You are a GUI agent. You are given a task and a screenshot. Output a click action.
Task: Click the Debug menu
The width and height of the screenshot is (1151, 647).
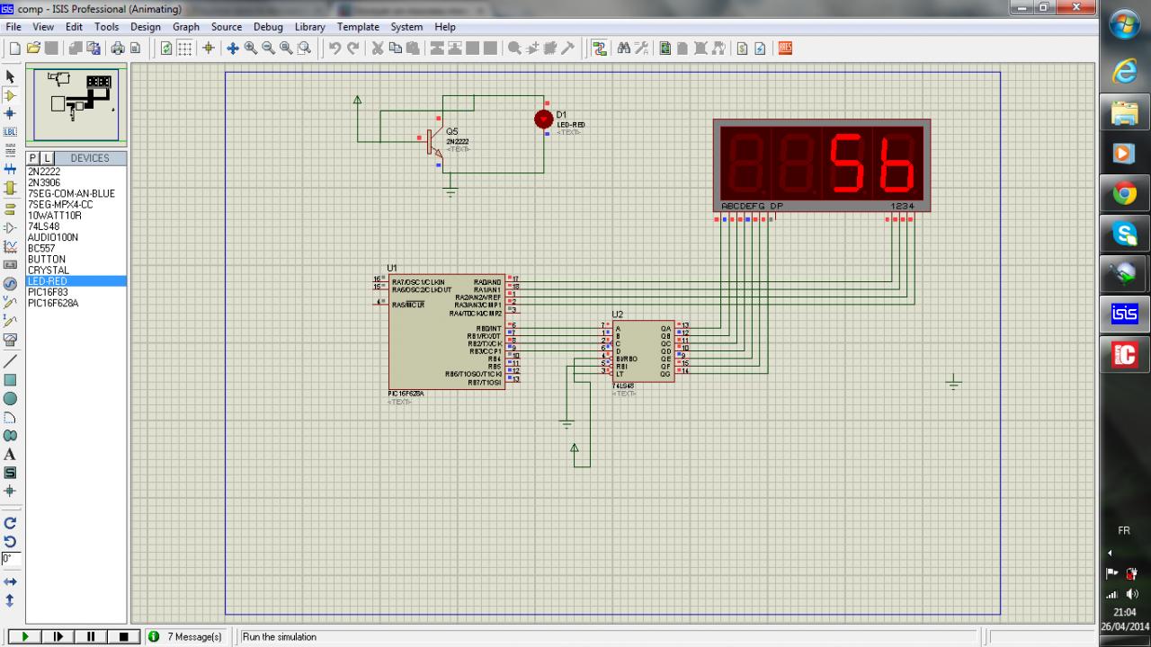[268, 27]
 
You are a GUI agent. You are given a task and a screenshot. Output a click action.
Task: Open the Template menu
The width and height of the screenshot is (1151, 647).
[358, 27]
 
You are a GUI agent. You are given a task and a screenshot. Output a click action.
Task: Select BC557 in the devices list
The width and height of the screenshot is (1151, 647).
[41, 248]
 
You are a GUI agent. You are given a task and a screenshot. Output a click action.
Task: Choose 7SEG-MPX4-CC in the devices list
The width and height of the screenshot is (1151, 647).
[60, 204]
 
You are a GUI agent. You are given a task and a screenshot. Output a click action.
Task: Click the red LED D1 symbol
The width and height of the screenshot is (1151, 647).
[543, 119]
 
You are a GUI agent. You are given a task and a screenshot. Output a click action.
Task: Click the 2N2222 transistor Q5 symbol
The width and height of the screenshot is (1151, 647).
[433, 142]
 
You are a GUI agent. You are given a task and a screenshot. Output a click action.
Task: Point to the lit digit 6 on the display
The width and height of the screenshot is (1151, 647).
[897, 164]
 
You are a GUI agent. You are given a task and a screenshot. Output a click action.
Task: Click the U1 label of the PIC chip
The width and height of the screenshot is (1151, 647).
[392, 268]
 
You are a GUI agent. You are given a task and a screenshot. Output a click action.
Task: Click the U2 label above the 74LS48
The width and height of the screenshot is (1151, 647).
[618, 315]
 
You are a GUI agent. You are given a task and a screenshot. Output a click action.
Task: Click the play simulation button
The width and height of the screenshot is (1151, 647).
[25, 636]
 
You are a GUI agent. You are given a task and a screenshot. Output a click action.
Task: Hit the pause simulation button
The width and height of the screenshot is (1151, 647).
[91, 636]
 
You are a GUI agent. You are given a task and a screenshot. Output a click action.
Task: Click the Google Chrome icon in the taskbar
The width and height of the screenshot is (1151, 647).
[1124, 193]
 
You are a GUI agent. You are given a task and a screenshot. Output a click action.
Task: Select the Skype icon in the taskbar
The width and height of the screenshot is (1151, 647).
[1124, 234]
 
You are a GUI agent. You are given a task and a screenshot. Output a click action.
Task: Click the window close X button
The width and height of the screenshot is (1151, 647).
[1077, 8]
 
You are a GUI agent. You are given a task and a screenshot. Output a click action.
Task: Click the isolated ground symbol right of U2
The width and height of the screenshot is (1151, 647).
[954, 384]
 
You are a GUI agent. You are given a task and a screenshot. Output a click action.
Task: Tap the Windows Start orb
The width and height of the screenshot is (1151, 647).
[1125, 24]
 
